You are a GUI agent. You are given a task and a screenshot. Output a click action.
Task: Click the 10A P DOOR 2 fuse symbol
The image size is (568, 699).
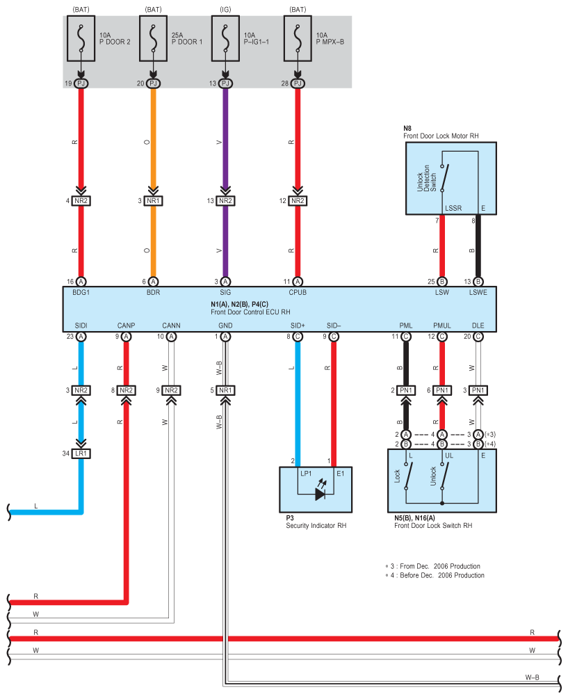pos(81,38)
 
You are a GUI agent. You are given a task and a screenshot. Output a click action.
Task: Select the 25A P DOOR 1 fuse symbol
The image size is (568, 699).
pos(153,38)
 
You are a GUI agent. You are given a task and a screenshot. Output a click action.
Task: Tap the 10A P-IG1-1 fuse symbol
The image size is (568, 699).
pos(225,38)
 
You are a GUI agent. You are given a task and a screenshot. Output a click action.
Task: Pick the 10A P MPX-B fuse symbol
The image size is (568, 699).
pos(298,38)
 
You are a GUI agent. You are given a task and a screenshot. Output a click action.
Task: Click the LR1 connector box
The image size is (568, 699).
pos(81,453)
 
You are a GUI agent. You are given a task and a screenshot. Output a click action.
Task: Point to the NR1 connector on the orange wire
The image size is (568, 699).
pos(153,201)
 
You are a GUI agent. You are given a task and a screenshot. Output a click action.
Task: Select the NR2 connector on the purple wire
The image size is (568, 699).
pos(225,201)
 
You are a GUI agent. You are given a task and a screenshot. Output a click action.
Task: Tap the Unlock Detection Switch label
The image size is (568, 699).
pos(426,179)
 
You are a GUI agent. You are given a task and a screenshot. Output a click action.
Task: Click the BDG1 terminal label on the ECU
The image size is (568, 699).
pos(81,292)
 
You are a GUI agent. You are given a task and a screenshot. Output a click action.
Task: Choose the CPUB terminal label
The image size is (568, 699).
pos(298,292)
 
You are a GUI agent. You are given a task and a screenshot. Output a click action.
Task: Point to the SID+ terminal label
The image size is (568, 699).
pos(298,326)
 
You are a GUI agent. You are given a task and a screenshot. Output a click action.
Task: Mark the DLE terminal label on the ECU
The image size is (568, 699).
pos(478,326)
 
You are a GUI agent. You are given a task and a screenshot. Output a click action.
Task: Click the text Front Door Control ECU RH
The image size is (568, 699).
pos(250,312)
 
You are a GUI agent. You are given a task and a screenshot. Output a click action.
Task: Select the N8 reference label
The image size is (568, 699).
pos(407,129)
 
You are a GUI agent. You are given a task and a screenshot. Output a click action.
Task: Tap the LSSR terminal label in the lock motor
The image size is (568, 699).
pos(453,208)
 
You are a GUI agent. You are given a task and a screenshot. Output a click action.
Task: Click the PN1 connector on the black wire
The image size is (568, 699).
pos(406,390)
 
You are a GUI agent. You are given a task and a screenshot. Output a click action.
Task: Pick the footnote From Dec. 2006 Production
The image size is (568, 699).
pos(440,566)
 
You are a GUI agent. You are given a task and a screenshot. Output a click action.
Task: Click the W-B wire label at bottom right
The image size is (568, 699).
pos(532,677)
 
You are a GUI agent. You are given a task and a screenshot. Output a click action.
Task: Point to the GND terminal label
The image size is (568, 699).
pos(225,326)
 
